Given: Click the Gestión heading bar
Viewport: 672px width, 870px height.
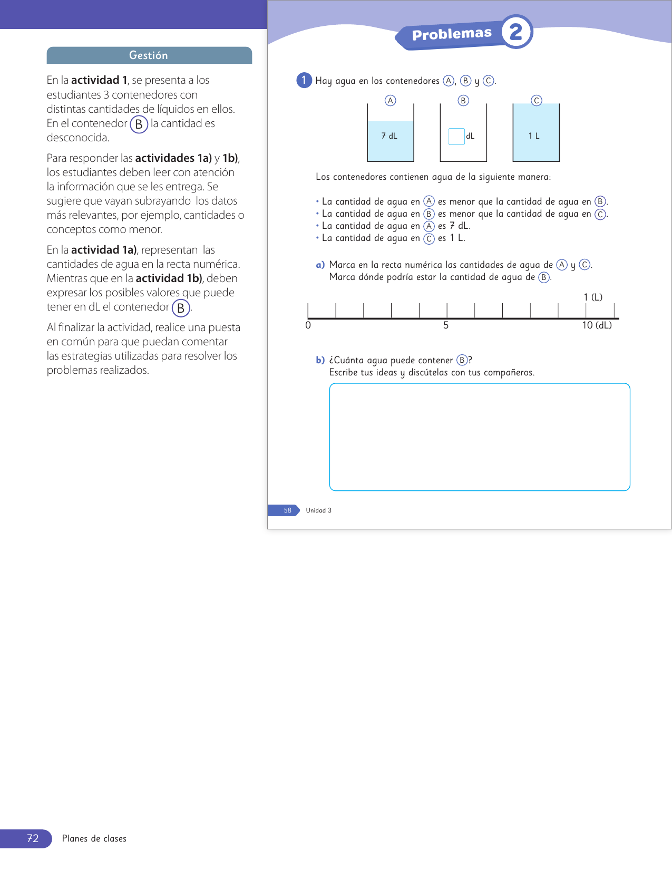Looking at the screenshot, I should [x=149, y=55].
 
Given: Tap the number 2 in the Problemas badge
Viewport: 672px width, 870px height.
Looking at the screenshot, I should [x=515, y=32].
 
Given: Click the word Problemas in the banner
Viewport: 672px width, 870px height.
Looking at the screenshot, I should [x=452, y=34].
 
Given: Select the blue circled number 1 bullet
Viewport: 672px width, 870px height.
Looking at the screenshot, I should [x=304, y=80].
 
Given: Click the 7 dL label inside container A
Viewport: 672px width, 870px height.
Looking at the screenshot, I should [x=389, y=136].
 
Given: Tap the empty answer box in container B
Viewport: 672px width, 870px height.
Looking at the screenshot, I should [x=456, y=136].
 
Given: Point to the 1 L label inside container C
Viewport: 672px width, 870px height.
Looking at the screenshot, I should [x=534, y=136].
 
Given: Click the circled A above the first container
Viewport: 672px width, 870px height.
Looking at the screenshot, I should [x=391, y=101].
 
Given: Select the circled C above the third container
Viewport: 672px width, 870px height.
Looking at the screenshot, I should [x=537, y=101].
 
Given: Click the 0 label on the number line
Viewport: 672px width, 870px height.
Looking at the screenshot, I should [x=308, y=325].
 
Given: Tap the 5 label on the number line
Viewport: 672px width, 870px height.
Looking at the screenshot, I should [x=446, y=325].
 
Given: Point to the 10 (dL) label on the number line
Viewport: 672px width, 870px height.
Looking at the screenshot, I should [x=597, y=325].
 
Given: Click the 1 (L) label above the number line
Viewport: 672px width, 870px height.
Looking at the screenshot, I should [x=593, y=297].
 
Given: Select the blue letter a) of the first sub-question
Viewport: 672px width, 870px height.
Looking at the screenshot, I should [x=320, y=265].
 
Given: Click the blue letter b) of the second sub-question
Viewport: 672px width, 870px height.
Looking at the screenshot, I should [x=320, y=360].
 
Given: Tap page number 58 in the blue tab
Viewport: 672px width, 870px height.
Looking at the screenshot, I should [x=287, y=510].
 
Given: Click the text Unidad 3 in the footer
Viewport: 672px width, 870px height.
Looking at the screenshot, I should [x=319, y=510].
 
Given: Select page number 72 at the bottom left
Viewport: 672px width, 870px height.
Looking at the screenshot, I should [x=33, y=838].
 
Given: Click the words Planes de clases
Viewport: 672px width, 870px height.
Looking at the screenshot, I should [x=94, y=838].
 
